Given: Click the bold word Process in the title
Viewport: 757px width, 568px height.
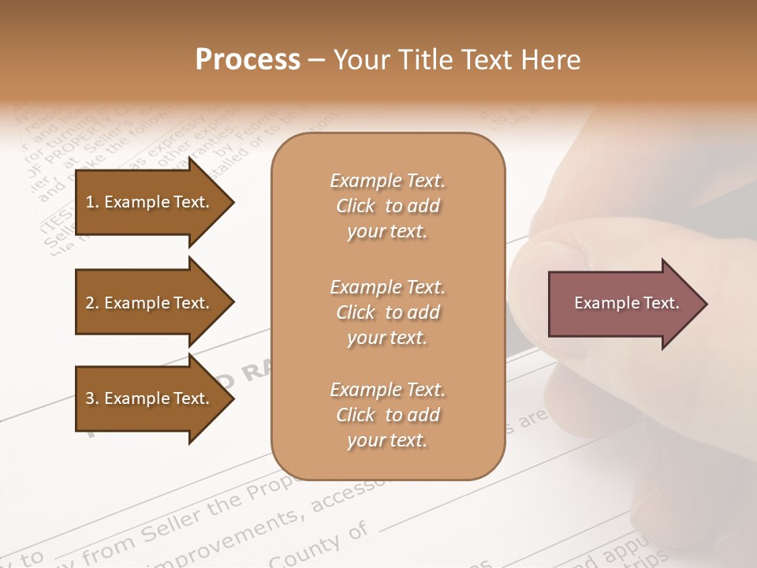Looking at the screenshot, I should (x=248, y=60).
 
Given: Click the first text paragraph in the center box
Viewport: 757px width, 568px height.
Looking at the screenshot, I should (x=387, y=206).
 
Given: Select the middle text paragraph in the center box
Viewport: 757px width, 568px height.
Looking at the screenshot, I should (x=387, y=312).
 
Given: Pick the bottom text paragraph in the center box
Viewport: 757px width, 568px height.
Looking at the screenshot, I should (x=387, y=415).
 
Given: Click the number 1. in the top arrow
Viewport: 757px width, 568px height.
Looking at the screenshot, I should (x=92, y=203).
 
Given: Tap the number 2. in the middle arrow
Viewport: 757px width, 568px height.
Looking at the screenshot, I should (x=92, y=304).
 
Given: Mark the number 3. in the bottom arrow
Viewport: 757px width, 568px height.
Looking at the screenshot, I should (x=92, y=399).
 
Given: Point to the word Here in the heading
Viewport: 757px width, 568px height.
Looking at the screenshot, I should (x=552, y=60).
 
